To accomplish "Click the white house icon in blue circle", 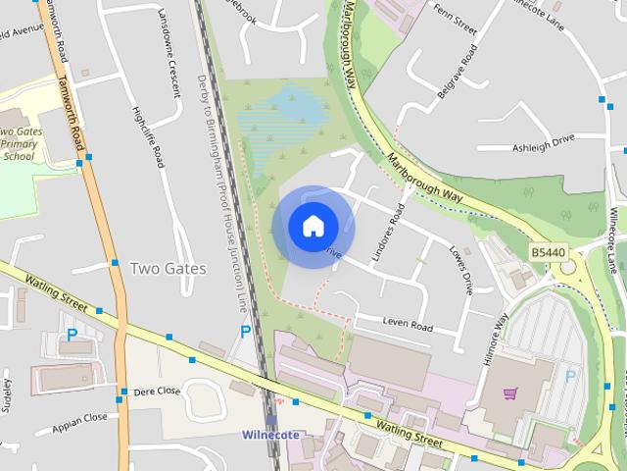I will point(312,226).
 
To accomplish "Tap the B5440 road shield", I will point(549,252).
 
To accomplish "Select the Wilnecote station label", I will point(270,435).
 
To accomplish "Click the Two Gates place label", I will point(168,268).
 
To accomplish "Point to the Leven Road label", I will point(408,325).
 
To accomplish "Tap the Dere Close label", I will point(158,390).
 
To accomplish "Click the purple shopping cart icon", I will point(509,394).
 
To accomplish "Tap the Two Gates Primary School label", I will point(20,143).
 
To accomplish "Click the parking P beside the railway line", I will point(246,333).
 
